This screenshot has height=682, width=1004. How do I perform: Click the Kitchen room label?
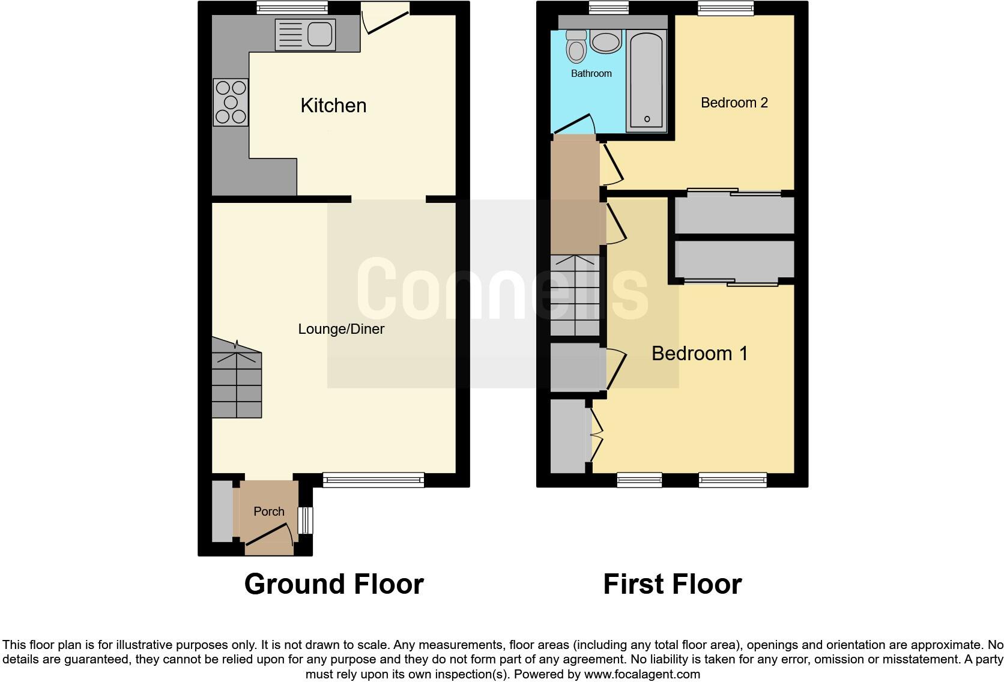click(x=333, y=106)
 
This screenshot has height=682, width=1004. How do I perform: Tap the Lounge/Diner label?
click(x=341, y=329)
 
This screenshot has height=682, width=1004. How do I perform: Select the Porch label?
click(x=268, y=511)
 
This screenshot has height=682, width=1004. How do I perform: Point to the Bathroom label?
click(x=591, y=73)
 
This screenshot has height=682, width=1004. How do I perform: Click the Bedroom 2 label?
click(x=734, y=103)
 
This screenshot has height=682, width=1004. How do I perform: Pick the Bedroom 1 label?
click(x=700, y=353)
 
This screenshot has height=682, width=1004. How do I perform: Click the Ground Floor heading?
click(x=334, y=584)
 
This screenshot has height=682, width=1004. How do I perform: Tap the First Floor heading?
click(x=672, y=584)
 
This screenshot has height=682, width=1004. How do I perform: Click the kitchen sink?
click(x=304, y=34)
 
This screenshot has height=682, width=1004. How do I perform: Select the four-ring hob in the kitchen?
click(x=231, y=102)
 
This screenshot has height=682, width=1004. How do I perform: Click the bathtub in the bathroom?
click(x=646, y=80)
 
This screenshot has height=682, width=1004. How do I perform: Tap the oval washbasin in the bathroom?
click(x=605, y=42)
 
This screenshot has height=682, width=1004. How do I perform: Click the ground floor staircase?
click(x=237, y=378)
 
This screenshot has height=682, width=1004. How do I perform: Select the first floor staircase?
click(x=575, y=295)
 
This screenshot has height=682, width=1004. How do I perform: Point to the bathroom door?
click(x=573, y=125)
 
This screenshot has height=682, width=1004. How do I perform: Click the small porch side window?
click(x=306, y=520)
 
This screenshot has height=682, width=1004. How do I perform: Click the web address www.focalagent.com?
click(x=641, y=674)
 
